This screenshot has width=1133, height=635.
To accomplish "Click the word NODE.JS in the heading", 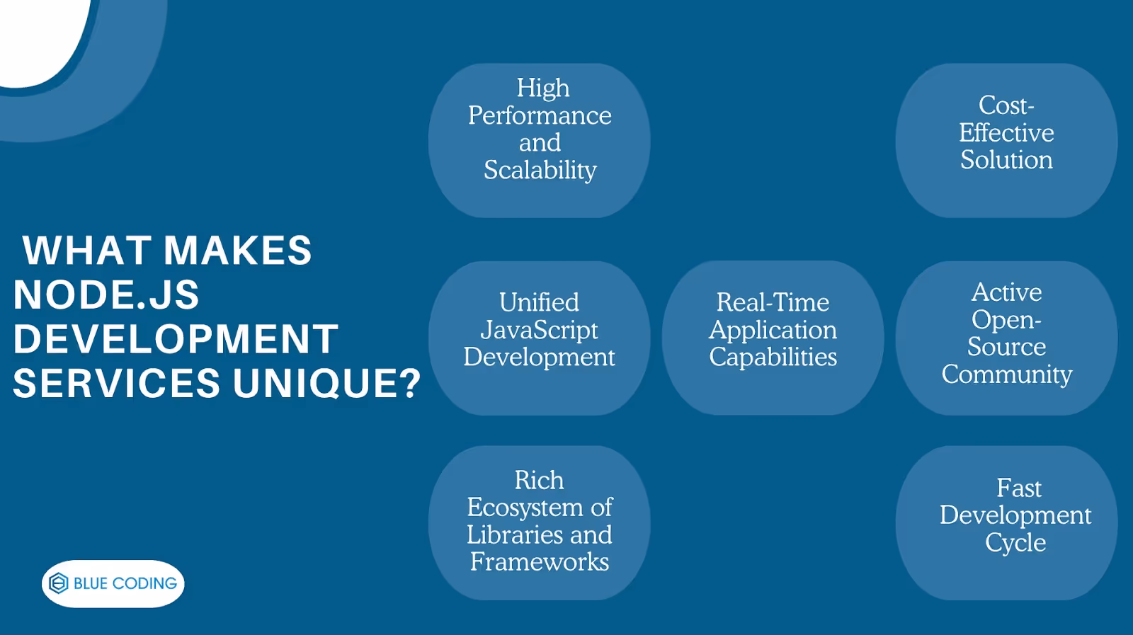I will (106, 294).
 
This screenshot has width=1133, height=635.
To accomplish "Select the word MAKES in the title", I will (238, 251).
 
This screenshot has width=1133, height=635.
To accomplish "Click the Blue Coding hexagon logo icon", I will (59, 583).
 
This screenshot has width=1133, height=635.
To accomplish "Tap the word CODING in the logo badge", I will (144, 583).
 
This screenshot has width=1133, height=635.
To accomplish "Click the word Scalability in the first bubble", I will (540, 170).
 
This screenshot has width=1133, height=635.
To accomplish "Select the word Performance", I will (540, 115).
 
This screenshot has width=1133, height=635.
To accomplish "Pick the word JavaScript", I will (539, 330).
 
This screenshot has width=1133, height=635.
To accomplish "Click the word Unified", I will (539, 302).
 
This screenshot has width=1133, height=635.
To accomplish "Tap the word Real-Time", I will (773, 302).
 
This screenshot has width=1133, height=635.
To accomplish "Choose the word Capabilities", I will (773, 357).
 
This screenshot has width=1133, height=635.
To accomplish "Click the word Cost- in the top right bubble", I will (1006, 105).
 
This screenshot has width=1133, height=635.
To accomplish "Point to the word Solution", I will (1006, 160).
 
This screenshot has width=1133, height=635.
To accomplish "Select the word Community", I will (1006, 374).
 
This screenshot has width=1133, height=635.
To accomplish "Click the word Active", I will (1006, 292).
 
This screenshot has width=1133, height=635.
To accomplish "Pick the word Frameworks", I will (539, 562).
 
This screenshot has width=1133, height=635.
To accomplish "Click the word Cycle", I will (1015, 543).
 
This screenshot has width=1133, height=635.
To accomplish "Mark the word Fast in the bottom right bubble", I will (1018, 488).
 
